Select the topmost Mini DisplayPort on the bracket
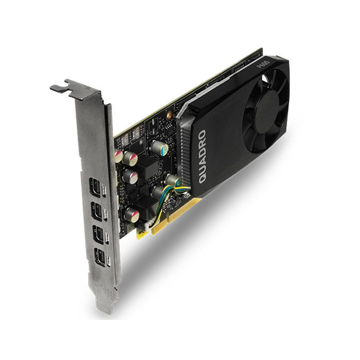[97, 186]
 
